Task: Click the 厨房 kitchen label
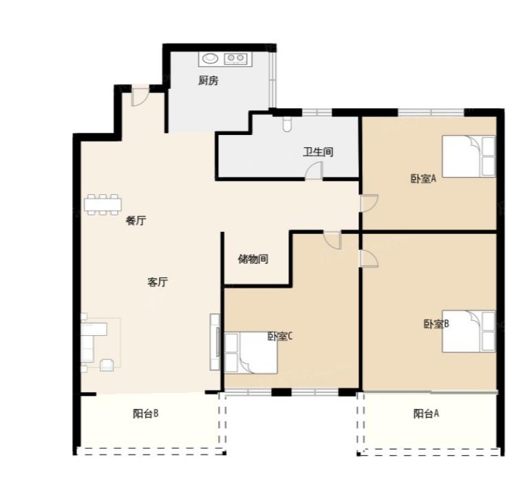209,81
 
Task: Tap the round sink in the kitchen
210,59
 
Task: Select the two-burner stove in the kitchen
235,59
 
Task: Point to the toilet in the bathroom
287,124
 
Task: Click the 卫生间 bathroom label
318,152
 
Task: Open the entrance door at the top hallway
140,97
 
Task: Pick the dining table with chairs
103,204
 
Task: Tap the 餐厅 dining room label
136,220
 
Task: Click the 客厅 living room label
158,282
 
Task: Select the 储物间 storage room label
253,259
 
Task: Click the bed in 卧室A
469,156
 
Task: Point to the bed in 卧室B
469,331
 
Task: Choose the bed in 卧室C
250,353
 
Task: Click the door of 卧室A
369,203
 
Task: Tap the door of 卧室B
369,259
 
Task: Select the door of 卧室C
332,240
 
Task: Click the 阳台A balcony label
426,414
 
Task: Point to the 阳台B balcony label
146,414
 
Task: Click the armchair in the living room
107,365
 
